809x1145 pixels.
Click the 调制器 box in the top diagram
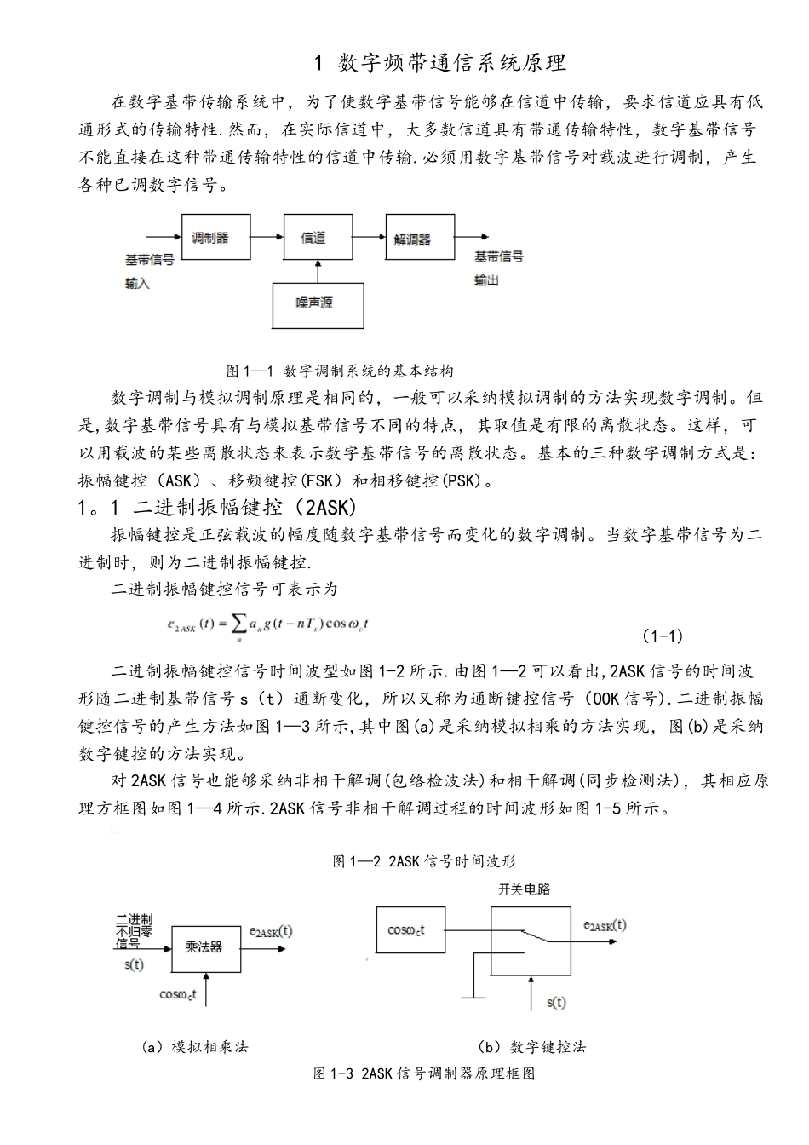click(216, 238)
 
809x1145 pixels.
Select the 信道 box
click(317, 238)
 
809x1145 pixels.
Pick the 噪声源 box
click(317, 303)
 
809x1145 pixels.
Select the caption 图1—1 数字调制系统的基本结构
click(340, 371)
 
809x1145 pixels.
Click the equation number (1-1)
click(662, 636)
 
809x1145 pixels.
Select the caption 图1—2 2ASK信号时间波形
click(424, 861)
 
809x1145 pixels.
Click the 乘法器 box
click(204, 946)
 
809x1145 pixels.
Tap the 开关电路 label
click(524, 889)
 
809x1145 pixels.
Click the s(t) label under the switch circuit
click(555, 1002)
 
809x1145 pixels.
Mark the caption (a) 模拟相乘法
click(195, 1046)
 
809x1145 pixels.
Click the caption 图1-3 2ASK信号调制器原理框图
click(424, 1073)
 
